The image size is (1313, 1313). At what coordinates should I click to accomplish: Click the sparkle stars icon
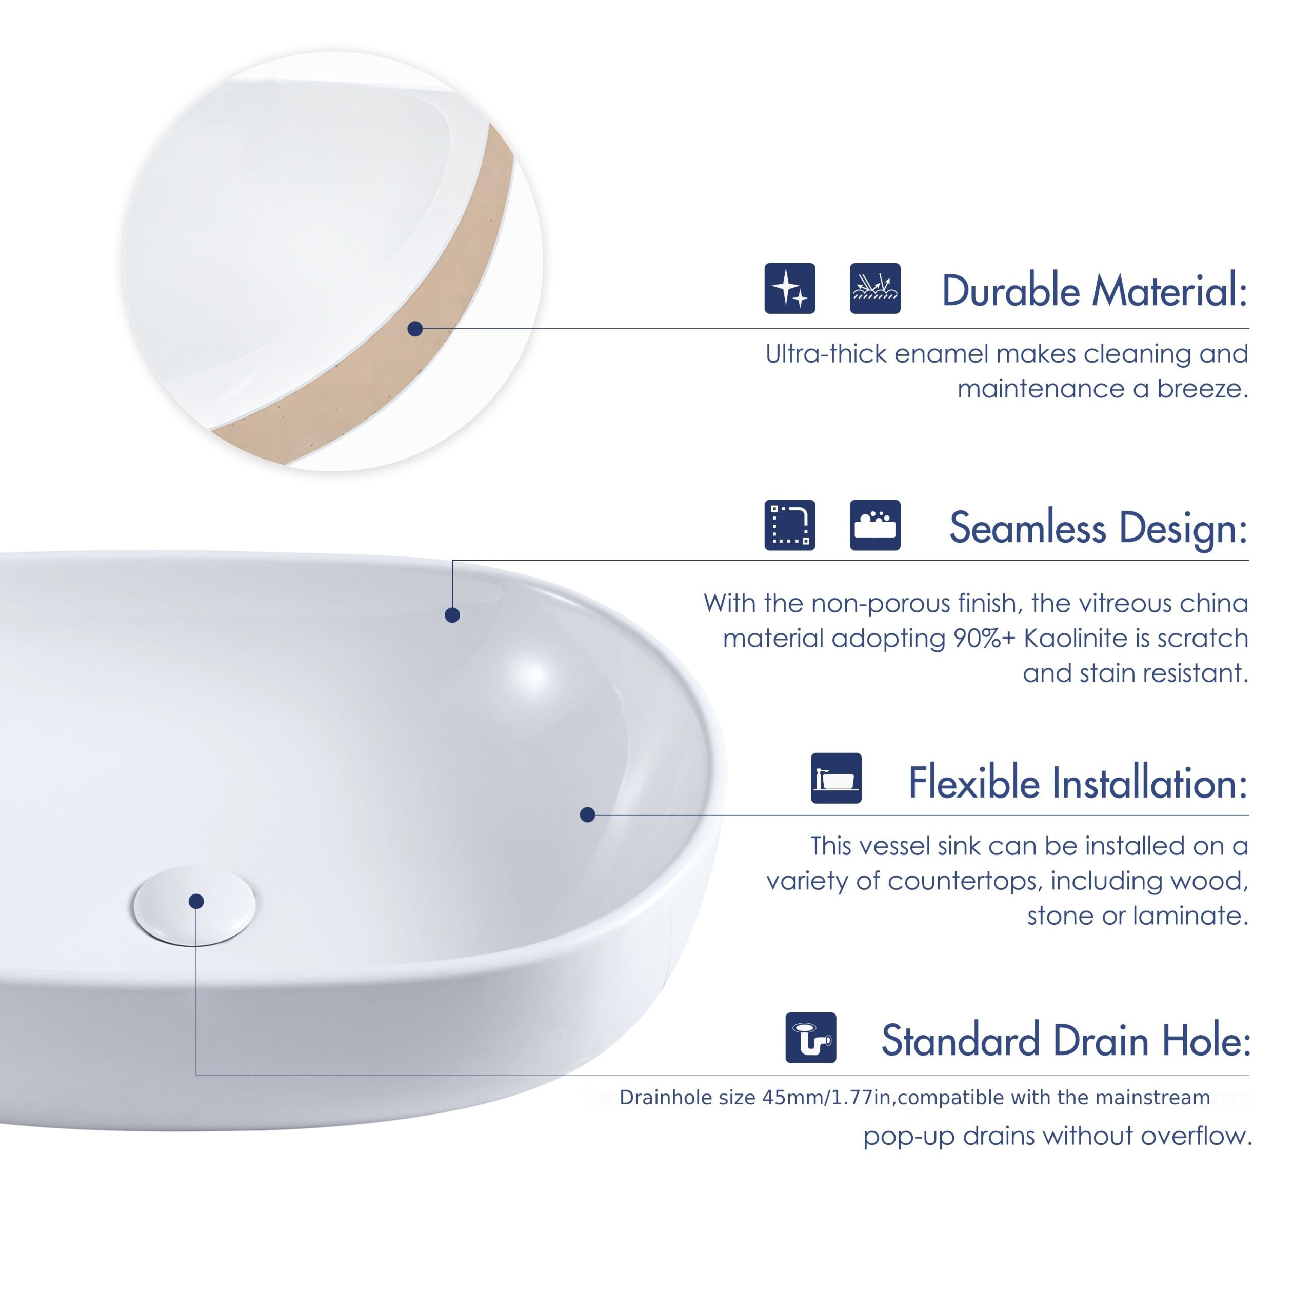790,288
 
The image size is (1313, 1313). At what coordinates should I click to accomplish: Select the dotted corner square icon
790,525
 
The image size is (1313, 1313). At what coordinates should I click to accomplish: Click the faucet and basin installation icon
836,778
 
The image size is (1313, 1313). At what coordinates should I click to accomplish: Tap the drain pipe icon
811,1038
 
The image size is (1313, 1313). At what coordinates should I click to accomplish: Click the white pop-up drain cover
195,905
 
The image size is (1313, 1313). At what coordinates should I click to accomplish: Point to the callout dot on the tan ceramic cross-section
415,329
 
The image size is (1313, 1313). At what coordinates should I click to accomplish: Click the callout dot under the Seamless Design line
452,615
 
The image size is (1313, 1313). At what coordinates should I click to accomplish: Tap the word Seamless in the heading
1027,528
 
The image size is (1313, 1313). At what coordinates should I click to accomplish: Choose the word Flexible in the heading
974,782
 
